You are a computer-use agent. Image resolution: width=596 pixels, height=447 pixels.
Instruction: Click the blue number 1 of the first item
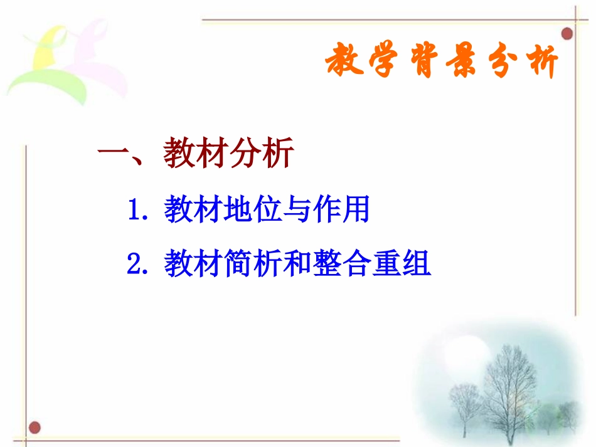[135, 211]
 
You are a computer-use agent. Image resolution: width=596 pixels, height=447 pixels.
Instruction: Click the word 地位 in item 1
[252, 211]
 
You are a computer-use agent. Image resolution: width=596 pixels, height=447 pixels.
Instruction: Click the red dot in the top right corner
[567, 32]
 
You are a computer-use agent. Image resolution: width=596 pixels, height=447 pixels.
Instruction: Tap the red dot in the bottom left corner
[35, 428]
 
